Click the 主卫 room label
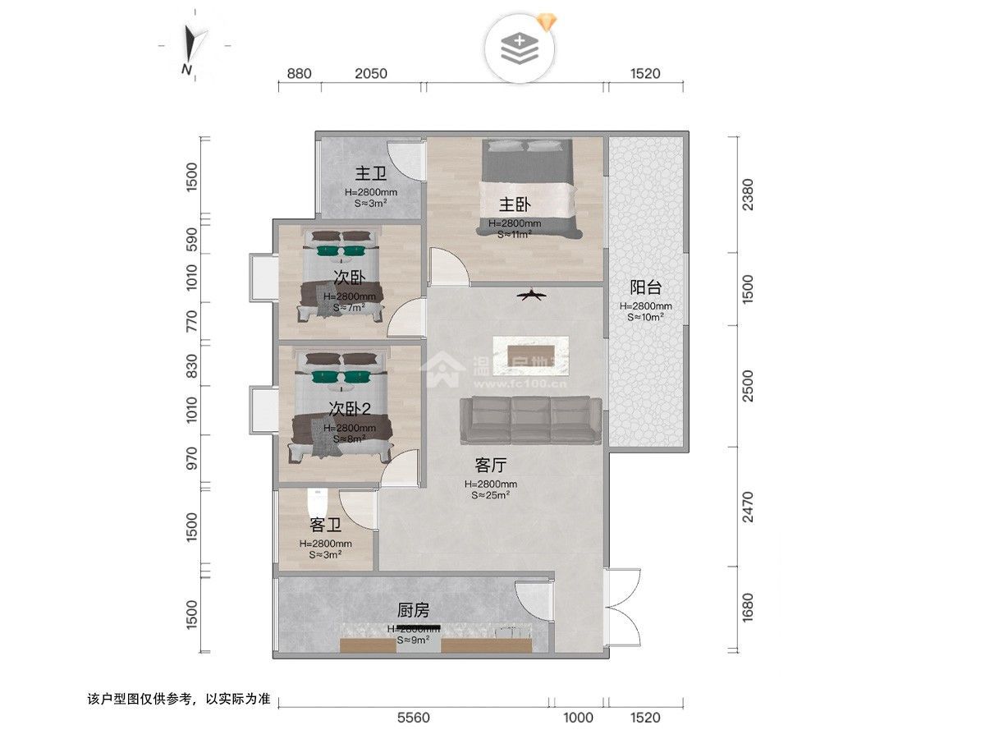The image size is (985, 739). (371, 174)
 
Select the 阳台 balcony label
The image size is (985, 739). (645, 287)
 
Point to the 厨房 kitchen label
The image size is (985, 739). (414, 610)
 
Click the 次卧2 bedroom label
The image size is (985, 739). (351, 408)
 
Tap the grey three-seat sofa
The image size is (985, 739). (531, 419)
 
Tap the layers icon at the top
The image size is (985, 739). (520, 48)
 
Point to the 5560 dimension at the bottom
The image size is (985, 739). (414, 718)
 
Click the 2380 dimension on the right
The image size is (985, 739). (744, 195)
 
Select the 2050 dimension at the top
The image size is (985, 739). (370, 74)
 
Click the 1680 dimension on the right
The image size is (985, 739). (744, 608)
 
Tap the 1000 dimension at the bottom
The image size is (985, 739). (578, 718)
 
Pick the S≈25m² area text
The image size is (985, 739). (491, 495)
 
